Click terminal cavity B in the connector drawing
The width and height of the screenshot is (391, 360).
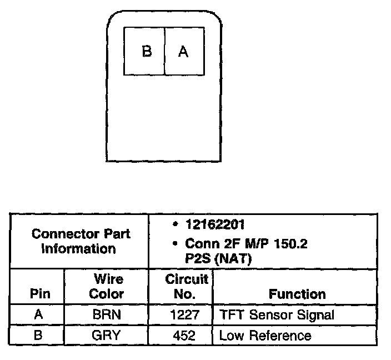[144, 52]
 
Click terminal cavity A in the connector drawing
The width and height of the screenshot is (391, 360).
[184, 52]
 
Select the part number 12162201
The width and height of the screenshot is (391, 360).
[215, 225]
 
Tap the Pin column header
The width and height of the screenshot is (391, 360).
[37, 293]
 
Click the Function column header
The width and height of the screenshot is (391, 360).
[297, 293]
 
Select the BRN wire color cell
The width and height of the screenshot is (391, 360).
[107, 315]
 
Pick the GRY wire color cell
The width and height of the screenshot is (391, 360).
[107, 335]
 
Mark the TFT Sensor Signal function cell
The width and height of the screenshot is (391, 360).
[277, 315]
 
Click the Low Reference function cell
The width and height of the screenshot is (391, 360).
[265, 335]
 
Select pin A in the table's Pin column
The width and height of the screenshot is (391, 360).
[38, 315]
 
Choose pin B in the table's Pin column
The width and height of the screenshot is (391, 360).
[38, 335]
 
